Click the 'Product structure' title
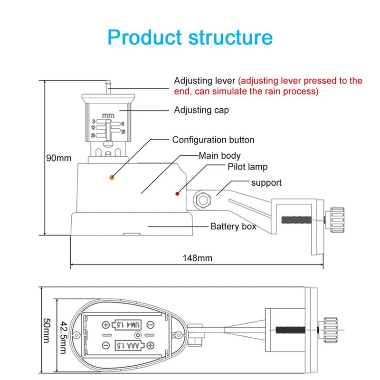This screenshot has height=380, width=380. point(190,37)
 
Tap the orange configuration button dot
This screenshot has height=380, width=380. point(112,177)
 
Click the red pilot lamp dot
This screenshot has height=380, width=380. point(177,193)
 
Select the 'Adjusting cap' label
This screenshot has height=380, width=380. point(201,110)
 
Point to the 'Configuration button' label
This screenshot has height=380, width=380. point(213,140)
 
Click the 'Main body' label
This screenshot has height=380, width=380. point(219,155)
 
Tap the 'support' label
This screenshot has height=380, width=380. point(266,182)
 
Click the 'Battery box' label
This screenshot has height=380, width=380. point(233,227)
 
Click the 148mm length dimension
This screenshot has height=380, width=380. point(197,258)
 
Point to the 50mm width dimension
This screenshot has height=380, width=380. point(46,330)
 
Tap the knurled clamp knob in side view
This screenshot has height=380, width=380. point(336,220)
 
